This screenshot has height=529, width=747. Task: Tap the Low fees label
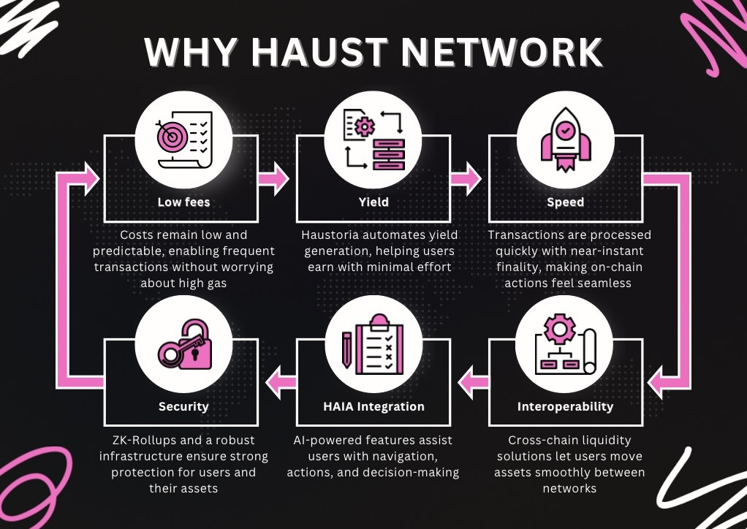point(183,202)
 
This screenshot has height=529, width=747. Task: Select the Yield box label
point(373,202)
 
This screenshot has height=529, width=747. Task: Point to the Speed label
point(566,202)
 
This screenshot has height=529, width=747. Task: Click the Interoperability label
point(566,407)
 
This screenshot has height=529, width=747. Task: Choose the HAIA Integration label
point(373,407)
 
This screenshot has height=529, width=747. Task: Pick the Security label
point(183,407)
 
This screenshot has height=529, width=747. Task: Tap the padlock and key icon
point(184,344)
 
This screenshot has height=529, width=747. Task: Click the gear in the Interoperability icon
point(560,329)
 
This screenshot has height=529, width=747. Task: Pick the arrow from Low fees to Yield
point(273,178)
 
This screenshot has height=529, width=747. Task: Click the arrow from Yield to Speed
point(466,178)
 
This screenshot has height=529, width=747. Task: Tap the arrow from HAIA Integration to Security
point(281,382)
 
